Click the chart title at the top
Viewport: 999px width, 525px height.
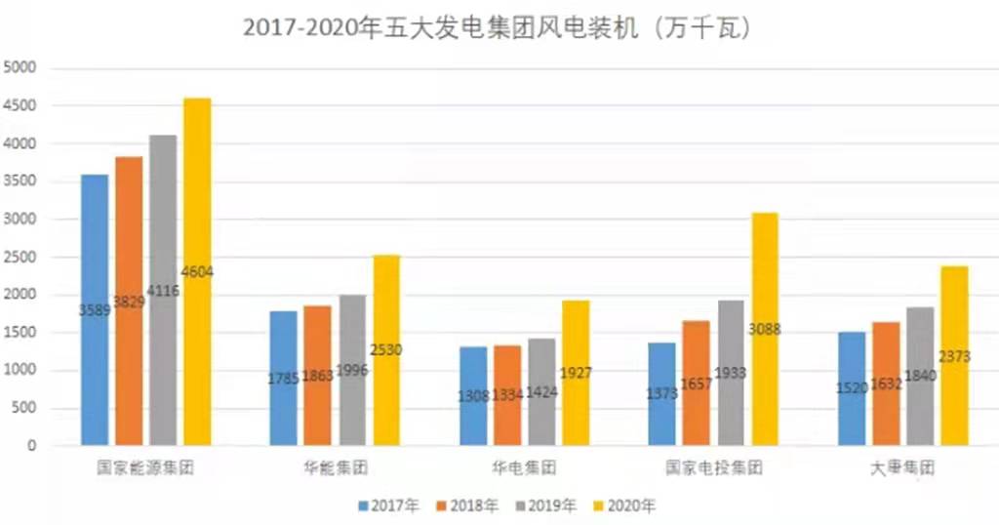(497, 28)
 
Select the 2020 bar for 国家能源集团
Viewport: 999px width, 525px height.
(197, 195)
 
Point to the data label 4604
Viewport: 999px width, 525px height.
(197, 272)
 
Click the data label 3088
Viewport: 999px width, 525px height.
(766, 330)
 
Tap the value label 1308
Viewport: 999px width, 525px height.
(476, 394)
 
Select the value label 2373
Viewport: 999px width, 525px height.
(954, 357)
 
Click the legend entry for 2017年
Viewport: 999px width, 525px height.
(387, 505)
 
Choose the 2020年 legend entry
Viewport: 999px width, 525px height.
(624, 505)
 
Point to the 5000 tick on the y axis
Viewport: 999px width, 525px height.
(20, 67)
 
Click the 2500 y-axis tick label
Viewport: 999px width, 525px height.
(20, 258)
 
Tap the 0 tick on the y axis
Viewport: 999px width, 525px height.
(32, 446)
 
